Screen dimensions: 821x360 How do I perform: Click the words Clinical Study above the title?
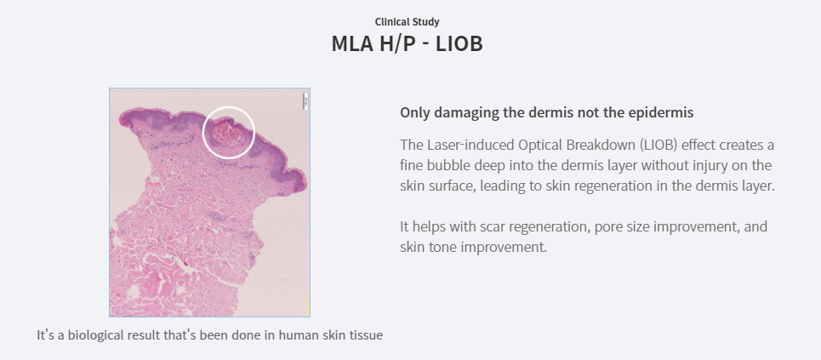point(407,22)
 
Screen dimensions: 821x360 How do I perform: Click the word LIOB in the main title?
point(459,43)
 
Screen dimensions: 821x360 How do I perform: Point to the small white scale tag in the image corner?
point(305,101)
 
